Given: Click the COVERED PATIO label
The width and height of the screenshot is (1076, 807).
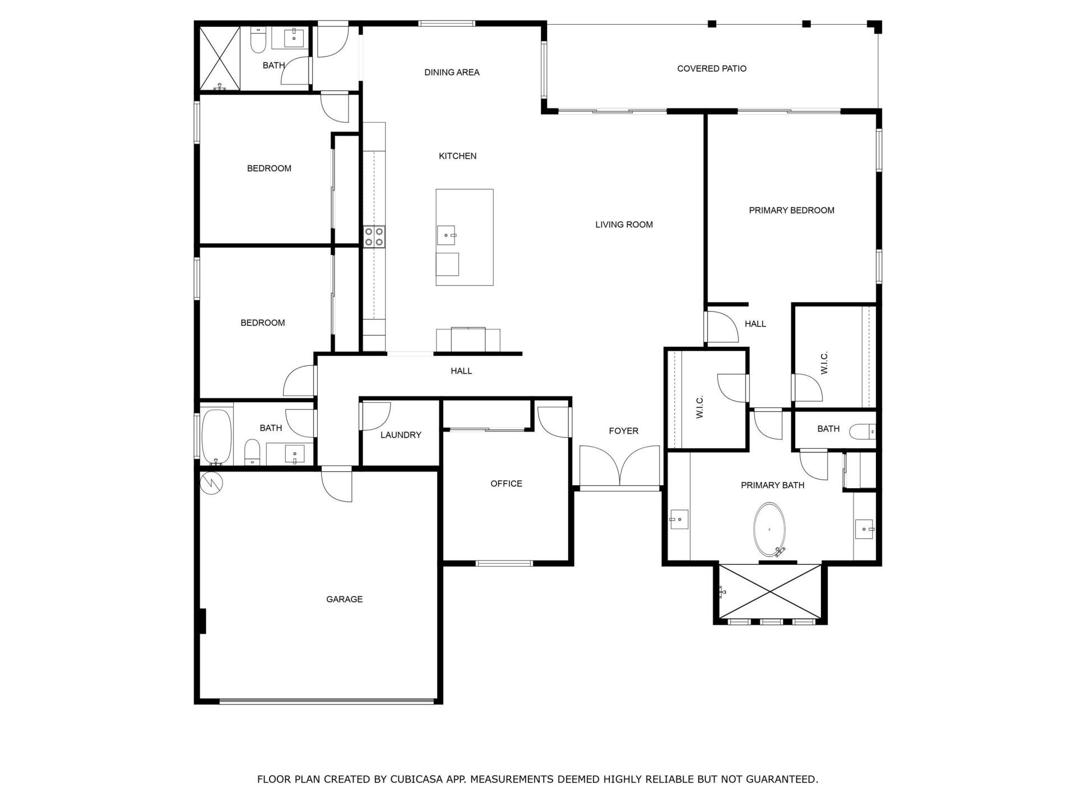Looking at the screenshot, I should [x=711, y=68].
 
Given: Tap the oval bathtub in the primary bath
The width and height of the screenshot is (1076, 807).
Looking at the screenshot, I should [x=769, y=529].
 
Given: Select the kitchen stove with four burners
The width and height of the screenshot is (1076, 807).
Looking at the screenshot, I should [x=374, y=236].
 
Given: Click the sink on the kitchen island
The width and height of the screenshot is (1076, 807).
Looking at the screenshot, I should [x=446, y=235].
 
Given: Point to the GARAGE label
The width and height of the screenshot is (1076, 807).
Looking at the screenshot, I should [x=344, y=599].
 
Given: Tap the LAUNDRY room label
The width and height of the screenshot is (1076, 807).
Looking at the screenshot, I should [x=400, y=435].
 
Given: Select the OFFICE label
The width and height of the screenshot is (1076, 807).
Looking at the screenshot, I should [x=506, y=484].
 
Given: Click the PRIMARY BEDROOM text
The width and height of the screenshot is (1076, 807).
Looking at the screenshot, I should [x=791, y=210].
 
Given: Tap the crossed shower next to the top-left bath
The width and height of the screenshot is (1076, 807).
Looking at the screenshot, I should [x=220, y=58].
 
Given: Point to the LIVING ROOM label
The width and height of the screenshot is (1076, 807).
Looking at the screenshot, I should [x=624, y=225].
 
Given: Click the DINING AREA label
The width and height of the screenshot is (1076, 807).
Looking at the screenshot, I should [x=452, y=72].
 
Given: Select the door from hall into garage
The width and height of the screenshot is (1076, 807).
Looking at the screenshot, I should [x=337, y=485].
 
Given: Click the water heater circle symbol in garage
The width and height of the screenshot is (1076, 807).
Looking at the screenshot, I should [x=212, y=483].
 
